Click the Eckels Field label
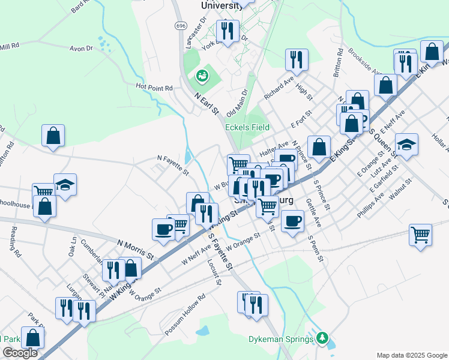point(247,127)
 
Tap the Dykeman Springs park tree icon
point(323,338)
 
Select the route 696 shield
point(181,26)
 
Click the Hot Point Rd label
point(154,88)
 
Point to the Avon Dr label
point(80,48)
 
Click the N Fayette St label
point(173,166)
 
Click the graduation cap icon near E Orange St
point(406,144)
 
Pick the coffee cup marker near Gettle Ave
point(292,220)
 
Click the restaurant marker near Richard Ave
point(297,59)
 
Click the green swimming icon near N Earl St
point(201,76)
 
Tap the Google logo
point(20,353)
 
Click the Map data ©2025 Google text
point(411,355)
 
